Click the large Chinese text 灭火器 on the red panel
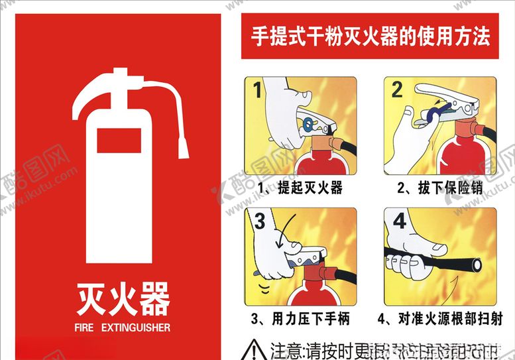coord(123,299)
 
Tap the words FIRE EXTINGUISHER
coord(123,328)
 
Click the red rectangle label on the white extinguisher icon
coord(119,141)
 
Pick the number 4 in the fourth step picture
coord(400,220)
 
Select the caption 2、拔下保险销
coord(439,188)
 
